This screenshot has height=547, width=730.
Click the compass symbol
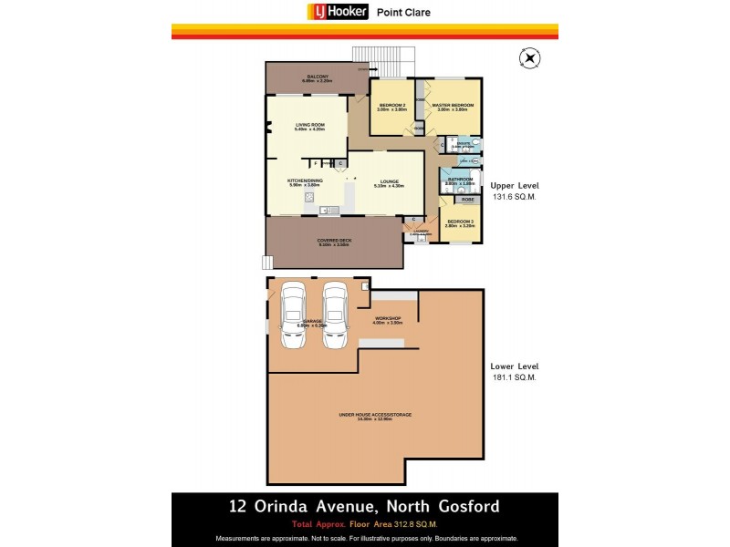pos(528,59)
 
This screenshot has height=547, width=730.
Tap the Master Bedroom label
pos(454,107)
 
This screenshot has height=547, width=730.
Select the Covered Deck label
pos(335,242)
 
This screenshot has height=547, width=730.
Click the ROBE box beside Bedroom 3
pos(468,199)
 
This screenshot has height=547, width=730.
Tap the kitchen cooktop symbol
pos(310,197)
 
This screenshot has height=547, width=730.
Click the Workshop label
pos(387,319)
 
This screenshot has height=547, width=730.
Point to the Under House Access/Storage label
pos(375,416)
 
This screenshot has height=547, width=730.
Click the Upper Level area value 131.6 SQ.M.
pos(515,196)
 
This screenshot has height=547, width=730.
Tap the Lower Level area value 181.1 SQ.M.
pos(515,377)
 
